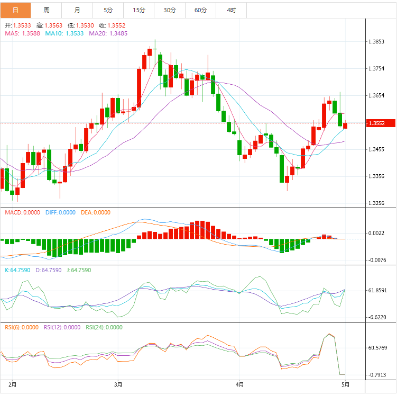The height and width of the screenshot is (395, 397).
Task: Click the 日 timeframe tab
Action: point(15,10)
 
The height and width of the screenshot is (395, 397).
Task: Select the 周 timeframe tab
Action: point(47,10)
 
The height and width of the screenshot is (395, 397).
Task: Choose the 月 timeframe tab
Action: point(78,10)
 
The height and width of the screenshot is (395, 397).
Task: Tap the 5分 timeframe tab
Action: point(108,10)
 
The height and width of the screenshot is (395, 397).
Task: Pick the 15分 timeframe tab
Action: point(139,10)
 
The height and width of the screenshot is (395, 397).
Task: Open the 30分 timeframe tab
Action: point(170,10)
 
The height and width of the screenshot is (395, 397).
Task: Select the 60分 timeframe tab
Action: point(200,10)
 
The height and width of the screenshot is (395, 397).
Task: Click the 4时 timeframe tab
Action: point(231,10)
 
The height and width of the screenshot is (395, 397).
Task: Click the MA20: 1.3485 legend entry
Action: point(108,33)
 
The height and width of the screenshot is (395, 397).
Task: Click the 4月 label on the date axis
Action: point(239,384)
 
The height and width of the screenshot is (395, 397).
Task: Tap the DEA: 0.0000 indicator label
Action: point(96,212)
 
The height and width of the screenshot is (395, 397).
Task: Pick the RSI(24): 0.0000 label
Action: point(104,327)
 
